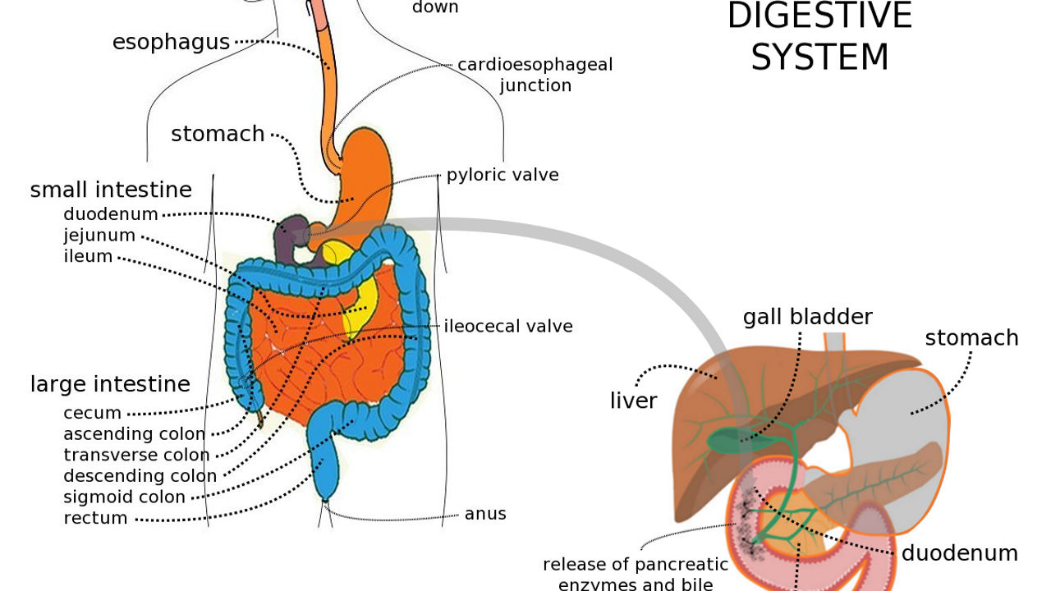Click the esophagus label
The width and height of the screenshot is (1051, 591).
(171, 43)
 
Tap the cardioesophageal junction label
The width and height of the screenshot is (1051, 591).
(535, 75)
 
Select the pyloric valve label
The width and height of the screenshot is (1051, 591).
(503, 175)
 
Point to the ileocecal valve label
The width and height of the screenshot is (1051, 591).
(508, 326)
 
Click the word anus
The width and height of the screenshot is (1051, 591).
(485, 514)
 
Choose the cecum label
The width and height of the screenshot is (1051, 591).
(92, 413)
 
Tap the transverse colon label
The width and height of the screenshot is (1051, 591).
(136, 455)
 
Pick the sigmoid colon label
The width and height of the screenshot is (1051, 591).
(124, 497)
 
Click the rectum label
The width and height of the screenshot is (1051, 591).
(95, 518)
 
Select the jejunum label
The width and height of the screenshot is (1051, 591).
(99, 236)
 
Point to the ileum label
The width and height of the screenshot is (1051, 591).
(88, 256)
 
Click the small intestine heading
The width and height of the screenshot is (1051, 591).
(111, 190)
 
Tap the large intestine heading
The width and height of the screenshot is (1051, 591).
(110, 384)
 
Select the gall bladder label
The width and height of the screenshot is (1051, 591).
(807, 317)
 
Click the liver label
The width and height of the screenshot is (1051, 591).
(633, 401)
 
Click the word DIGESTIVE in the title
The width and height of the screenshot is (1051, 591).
(819, 16)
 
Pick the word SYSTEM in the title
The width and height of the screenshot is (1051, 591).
(819, 57)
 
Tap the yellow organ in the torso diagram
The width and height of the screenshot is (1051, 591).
(361, 300)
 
